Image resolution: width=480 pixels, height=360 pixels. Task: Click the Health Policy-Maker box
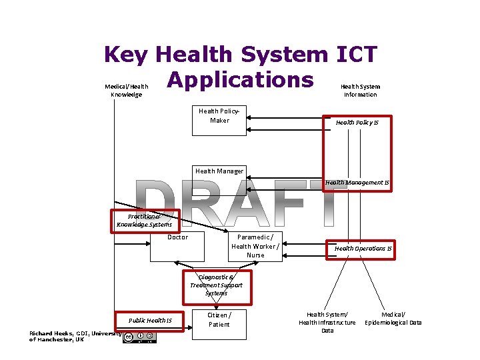(219, 120)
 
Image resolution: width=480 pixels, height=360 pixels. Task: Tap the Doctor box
(177, 247)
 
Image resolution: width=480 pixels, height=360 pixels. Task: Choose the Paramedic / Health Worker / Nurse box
(255, 246)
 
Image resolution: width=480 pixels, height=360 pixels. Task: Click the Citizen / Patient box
(219, 324)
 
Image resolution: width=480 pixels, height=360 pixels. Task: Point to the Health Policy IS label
(357, 123)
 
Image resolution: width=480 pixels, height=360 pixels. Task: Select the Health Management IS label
(357, 183)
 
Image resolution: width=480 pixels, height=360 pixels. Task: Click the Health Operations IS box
(363, 249)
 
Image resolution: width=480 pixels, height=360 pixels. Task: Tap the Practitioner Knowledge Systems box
(144, 221)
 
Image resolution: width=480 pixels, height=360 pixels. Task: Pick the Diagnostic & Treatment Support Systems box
(217, 285)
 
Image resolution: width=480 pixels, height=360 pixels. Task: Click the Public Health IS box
(150, 321)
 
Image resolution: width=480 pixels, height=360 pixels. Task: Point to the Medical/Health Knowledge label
(126, 91)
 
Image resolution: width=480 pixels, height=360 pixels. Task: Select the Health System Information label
(360, 91)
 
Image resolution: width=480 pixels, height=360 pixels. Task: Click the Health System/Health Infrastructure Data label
(327, 322)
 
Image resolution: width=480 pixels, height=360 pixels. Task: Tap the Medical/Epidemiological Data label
(393, 318)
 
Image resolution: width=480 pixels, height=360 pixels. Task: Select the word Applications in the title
(240, 79)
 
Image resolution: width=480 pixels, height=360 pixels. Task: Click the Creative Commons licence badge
(140, 337)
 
